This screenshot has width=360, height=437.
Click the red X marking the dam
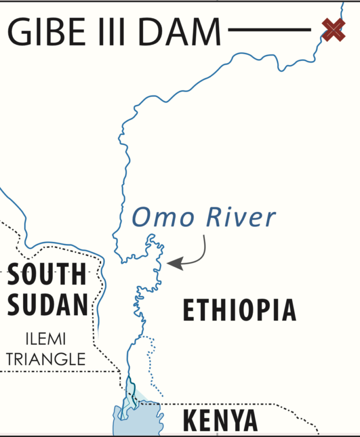pyautogui.click(x=333, y=30)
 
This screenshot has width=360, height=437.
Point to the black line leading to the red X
pyautogui.click(x=270, y=30)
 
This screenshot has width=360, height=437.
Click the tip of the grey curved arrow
pyautogui.click(x=169, y=263)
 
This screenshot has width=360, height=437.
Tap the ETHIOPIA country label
pyautogui.click(x=239, y=310)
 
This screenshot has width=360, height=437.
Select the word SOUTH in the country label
pyautogui.click(x=47, y=275)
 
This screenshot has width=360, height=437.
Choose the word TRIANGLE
pyautogui.click(x=46, y=359)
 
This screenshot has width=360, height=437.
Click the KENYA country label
pyautogui.click(x=220, y=421)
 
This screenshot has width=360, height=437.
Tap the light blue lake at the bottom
pyautogui.click(x=136, y=420)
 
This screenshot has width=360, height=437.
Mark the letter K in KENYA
pyautogui.click(x=190, y=421)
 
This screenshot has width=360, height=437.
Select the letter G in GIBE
pyautogui.click(x=20, y=32)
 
